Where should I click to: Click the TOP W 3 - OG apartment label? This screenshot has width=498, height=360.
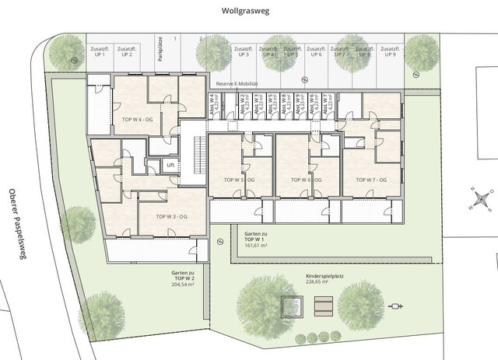click(x=172, y=217)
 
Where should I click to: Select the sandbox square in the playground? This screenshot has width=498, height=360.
click(x=292, y=307)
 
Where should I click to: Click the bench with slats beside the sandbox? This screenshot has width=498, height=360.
click(x=324, y=308)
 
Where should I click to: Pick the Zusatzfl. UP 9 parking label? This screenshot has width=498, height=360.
click(x=389, y=51)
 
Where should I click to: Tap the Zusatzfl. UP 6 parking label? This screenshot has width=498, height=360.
click(x=316, y=51)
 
